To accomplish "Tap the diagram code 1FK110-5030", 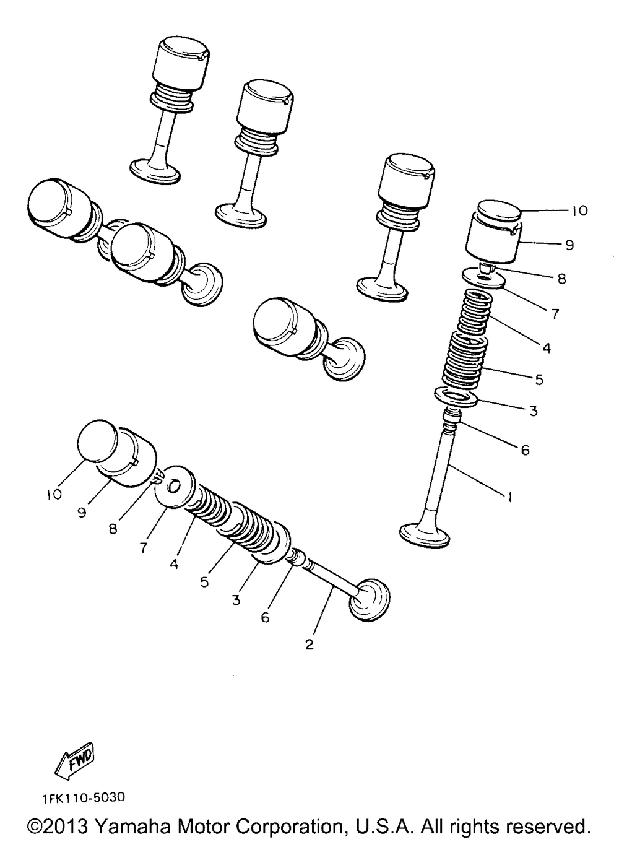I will tap(84, 799).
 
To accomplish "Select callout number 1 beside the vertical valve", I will tap(509, 497).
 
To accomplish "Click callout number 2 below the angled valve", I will tap(309, 645).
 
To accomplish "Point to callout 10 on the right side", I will tap(579, 211).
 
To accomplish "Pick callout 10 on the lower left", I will tap(54, 494).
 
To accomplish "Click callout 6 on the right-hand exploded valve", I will tap(525, 450).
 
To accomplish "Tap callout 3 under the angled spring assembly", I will tap(236, 601).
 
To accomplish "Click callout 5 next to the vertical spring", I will tap(539, 379).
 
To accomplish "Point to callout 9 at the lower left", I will tap(82, 513).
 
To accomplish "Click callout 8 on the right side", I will tap(561, 279).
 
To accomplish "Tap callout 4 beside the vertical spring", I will tap(546, 348).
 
